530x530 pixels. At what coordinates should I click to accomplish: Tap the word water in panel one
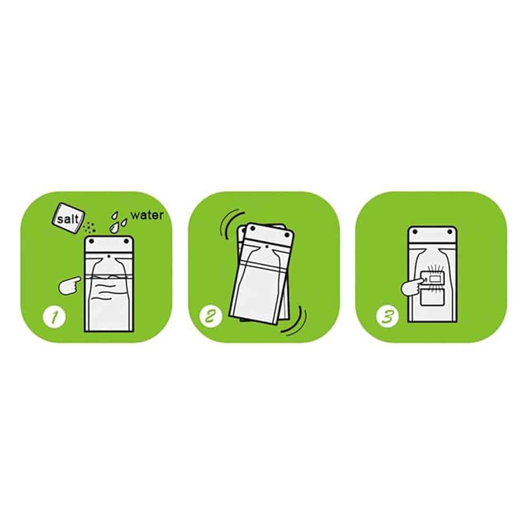click(147, 215)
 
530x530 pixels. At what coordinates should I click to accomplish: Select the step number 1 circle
click(55, 316)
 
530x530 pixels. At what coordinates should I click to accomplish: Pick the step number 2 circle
click(211, 316)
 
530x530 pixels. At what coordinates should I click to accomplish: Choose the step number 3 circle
click(387, 316)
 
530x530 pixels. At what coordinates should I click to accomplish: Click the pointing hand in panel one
click(69, 285)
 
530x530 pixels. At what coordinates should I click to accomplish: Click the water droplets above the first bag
click(118, 223)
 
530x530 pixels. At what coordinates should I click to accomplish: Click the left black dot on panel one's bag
click(91, 241)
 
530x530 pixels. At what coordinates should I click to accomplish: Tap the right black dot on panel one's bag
click(127, 241)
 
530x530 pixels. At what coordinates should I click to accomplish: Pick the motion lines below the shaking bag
click(295, 321)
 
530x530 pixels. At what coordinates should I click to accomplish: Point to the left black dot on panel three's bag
click(416, 232)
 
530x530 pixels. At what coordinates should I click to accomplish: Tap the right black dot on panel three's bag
click(450, 232)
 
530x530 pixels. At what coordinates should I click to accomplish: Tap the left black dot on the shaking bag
click(252, 229)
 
